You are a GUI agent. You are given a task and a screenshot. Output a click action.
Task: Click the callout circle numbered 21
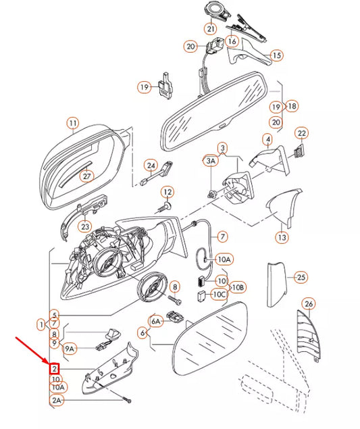coord(211,29)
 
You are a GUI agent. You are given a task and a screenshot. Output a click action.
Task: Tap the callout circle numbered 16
coord(232,41)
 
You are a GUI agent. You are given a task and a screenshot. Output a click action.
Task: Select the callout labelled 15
coord(276,55)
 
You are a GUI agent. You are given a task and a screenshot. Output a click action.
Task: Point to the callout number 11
coord(72,123)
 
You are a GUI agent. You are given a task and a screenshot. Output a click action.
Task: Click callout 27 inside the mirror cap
coord(86,176)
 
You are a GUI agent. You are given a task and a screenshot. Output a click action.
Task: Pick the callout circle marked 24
coord(151,165)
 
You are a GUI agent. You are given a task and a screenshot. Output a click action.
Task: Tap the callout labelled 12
coord(167,193)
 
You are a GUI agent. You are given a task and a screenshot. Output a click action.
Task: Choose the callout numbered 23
coord(84,226)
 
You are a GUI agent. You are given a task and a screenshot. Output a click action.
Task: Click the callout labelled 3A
coord(211,161)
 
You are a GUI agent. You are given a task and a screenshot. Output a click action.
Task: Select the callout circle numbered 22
coord(302,133)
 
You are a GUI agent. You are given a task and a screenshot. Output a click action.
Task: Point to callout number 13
coord(281,237)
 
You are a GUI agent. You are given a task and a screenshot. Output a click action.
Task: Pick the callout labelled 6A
coord(156,322)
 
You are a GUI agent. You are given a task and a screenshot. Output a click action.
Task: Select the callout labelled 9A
coord(70,349)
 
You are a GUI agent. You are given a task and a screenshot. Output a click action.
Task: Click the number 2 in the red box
coord(54,369)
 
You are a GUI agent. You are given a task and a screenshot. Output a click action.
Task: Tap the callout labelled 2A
coord(57,400)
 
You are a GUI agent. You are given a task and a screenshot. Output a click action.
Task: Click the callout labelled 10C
coord(219,294)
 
